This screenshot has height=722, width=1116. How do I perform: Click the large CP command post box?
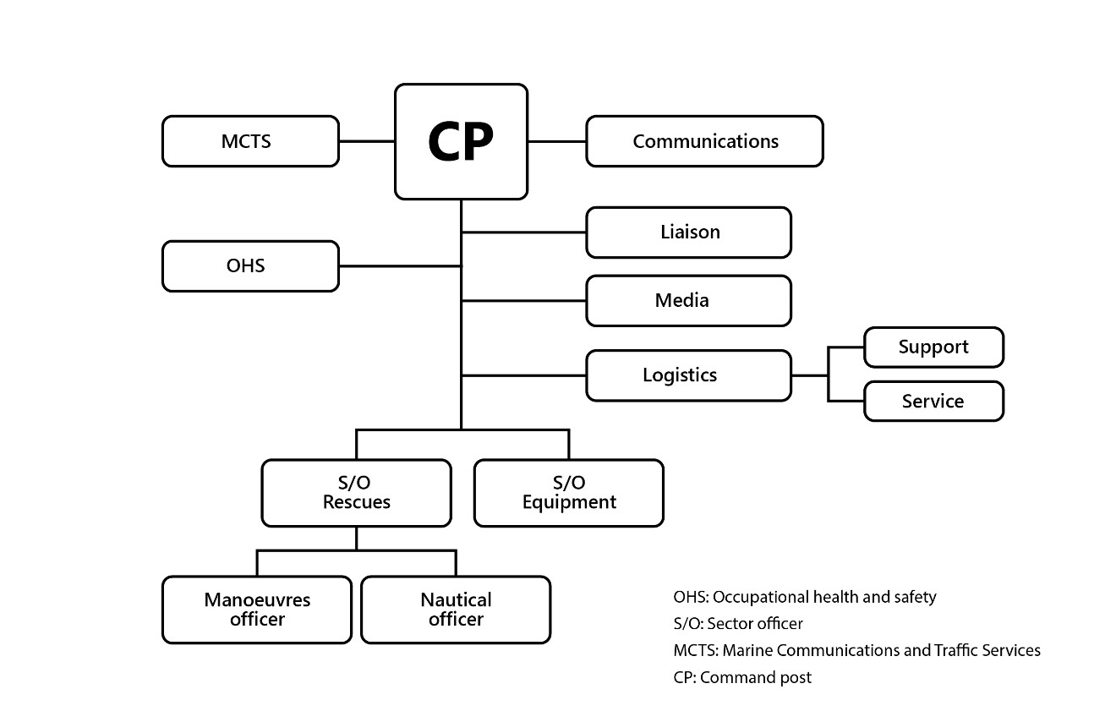coord(461,141)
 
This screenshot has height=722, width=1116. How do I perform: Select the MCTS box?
coord(250,141)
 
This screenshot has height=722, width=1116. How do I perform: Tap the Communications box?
coord(704,141)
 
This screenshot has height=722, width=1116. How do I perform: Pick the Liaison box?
coord(688,232)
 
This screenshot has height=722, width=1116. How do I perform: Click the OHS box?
coord(250,266)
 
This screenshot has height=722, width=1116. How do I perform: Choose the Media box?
coord(688,300)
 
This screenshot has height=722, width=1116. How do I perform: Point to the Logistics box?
coord(688,375)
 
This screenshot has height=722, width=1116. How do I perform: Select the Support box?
coord(933,347)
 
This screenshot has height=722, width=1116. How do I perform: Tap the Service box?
coord(933,401)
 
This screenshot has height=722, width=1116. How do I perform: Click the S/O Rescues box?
coord(356,493)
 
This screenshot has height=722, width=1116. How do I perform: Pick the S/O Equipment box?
coord(568,493)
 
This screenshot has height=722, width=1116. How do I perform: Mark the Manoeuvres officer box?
coord(257,610)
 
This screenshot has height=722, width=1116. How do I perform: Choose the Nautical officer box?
coord(456,610)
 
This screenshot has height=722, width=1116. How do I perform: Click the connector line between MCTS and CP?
coord(367,141)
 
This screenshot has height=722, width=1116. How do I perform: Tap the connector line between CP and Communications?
coord(556,141)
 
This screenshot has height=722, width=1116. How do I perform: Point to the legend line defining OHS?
coord(805,597)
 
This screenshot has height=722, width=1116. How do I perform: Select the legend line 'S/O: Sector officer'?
coord(738,624)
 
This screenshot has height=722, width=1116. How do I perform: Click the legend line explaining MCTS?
coord(856,650)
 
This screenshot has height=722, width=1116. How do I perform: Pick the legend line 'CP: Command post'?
coord(742,677)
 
